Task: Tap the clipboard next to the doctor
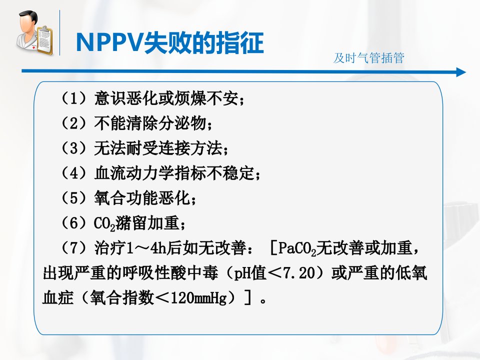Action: click(x=45, y=41)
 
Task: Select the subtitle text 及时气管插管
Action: click(x=369, y=58)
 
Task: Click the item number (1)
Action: click(x=74, y=98)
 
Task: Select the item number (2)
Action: click(x=74, y=123)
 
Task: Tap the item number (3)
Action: click(x=74, y=148)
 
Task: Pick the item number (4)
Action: click(x=74, y=173)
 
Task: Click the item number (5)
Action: click(x=74, y=198)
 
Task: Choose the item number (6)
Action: click(x=74, y=223)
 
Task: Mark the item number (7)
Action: click(x=74, y=247)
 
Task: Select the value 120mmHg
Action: click(x=199, y=297)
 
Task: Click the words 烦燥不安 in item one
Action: click(x=206, y=98)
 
